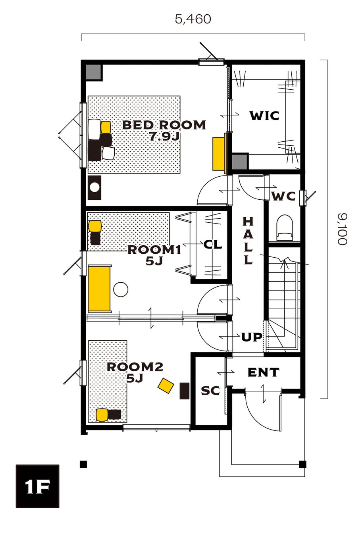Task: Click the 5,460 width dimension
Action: coord(193,19)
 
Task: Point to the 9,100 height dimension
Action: coord(342,229)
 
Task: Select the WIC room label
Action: coord(265,116)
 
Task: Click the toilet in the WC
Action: coord(285,228)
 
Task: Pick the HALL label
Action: coord(248,241)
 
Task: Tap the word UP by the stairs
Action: coord(252,337)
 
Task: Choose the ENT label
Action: coord(264,372)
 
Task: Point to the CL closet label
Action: coord(213,245)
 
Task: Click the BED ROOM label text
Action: coord(164,125)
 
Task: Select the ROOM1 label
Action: coord(154,250)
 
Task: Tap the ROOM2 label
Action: coord(135,367)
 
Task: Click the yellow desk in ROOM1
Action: coord(100,289)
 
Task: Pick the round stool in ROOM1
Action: coord(121,289)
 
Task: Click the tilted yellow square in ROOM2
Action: coord(166,386)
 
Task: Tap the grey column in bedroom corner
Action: coord(93,72)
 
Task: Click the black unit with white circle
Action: coord(94,188)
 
